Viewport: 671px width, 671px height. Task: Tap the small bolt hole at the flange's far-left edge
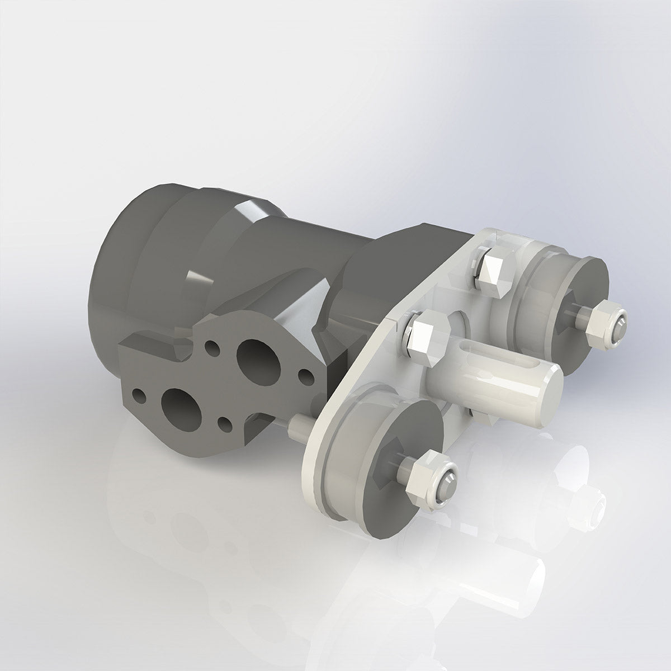[139, 397]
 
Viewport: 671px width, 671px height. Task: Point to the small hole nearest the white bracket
[304, 374]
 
